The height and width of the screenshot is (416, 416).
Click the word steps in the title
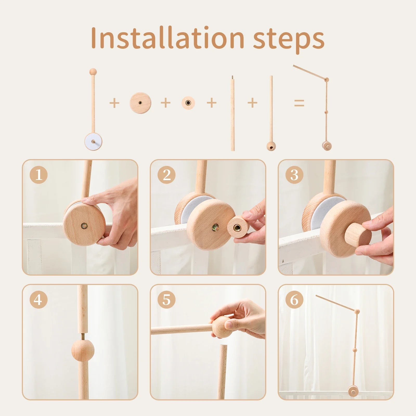[x=289, y=39]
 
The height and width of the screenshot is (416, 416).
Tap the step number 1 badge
[x=39, y=175]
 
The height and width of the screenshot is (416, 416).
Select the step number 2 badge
[x=166, y=175]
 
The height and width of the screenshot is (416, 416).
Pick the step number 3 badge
[x=294, y=175]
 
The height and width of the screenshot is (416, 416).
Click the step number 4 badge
[x=39, y=300]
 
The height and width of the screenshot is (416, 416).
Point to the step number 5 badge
[x=166, y=300]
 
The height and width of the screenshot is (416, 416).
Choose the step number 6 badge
[x=294, y=300]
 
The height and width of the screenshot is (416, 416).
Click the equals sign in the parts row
[x=299, y=103]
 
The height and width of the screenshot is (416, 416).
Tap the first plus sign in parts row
[x=114, y=103]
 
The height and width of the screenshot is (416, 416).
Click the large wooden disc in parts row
[x=140, y=103]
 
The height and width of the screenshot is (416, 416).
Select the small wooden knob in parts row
[x=188, y=103]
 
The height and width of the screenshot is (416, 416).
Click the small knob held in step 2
[x=238, y=226]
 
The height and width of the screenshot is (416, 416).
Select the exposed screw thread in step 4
[x=83, y=336]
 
